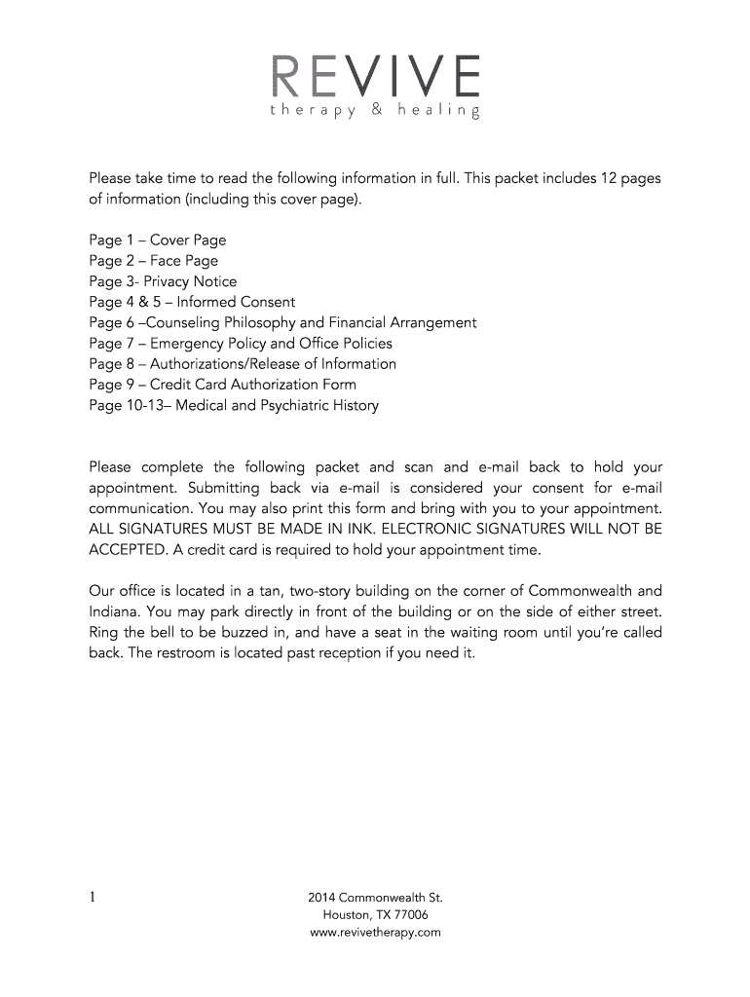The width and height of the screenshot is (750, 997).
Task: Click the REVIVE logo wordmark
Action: (x=375, y=74)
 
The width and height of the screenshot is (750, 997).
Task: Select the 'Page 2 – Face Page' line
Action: (x=153, y=260)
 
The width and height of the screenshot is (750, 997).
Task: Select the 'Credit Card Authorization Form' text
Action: (x=253, y=384)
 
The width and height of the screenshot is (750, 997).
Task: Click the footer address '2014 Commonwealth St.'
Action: (x=375, y=897)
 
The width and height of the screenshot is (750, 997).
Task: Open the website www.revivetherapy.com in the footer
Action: (x=375, y=932)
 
